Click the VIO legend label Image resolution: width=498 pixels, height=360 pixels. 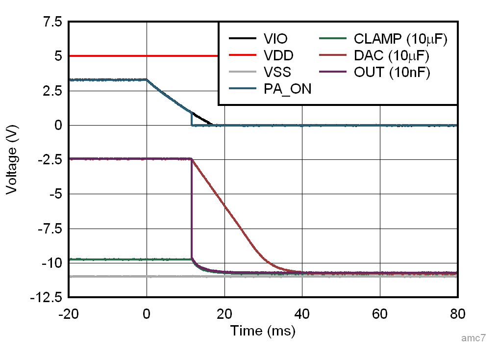[x=275, y=39]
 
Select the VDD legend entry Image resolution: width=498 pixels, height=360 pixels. [x=277, y=55]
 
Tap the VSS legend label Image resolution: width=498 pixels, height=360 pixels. [x=277, y=72]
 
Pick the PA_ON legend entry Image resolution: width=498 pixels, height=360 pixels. [x=287, y=89]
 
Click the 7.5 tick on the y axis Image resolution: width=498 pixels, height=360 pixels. [x=51, y=22]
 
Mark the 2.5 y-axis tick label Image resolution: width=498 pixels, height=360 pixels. [x=51, y=91]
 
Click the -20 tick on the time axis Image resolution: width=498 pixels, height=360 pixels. [x=68, y=314]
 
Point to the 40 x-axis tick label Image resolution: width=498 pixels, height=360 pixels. [x=302, y=314]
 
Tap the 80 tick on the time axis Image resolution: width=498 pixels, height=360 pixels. [x=457, y=314]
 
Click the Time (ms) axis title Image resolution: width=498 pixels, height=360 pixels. [x=263, y=331]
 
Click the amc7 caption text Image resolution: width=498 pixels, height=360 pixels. [x=473, y=338]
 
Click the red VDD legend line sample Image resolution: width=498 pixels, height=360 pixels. [x=242, y=55]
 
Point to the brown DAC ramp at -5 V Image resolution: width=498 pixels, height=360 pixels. [x=219, y=194]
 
